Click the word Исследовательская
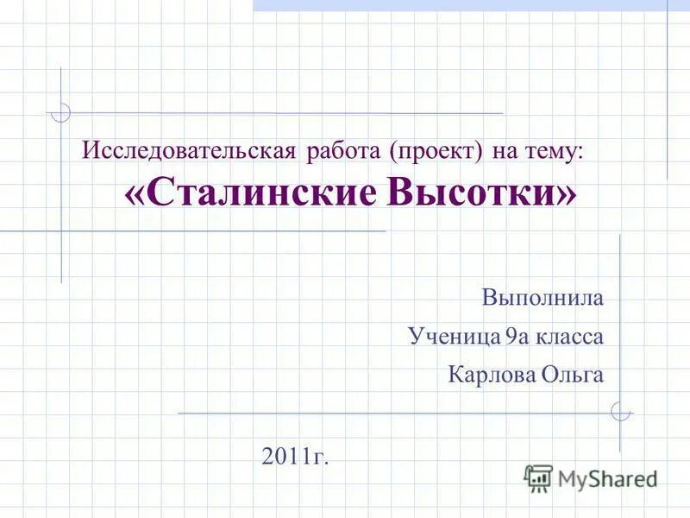(189, 153)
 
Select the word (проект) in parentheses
(436, 154)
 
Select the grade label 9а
(516, 336)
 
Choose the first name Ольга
(573, 374)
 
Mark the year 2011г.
(295, 455)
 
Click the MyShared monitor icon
(538, 477)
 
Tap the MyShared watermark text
(607, 477)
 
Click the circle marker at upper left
(60, 112)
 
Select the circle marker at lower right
(619, 412)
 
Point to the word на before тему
(505, 154)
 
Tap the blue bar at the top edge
(470, 5)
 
